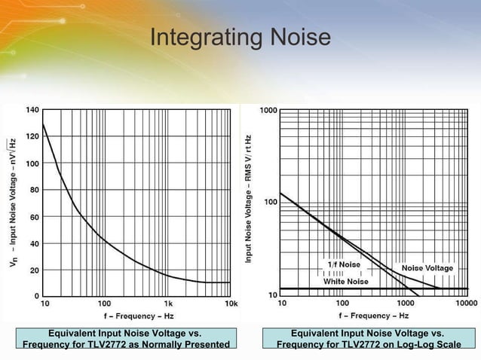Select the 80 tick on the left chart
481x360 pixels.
coord(34,190)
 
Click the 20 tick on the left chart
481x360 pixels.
coord(34,270)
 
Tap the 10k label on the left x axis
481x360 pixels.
coord(231,304)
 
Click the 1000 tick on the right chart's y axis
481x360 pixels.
coord(268,111)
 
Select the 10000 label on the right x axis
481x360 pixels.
coord(465,304)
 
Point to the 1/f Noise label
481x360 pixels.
coord(344,264)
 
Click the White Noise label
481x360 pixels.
coord(346,281)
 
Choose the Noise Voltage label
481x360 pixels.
coord(427,268)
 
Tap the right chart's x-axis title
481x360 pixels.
coord(374,316)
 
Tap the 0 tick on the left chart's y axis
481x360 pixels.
coord(36,296)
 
